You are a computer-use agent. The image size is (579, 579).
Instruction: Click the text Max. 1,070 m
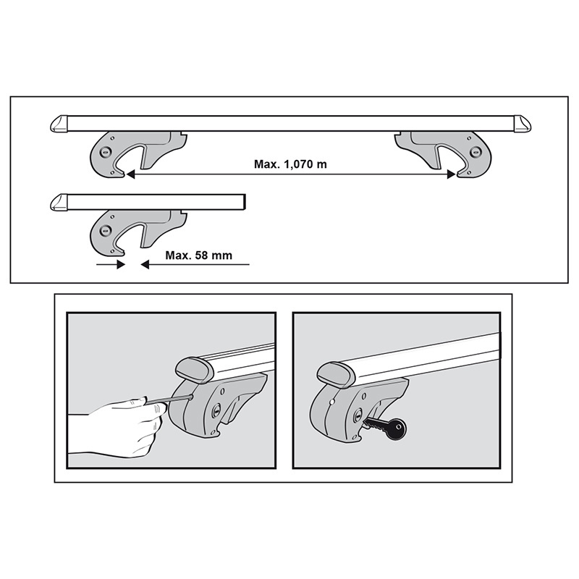pos(290,164)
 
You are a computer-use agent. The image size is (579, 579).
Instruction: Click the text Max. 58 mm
pos(196,255)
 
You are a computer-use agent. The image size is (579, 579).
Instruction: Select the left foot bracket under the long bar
pos(130,153)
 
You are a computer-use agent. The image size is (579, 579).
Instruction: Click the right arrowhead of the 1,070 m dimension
pos(451,174)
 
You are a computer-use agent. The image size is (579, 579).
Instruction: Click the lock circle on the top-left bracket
pos(106,152)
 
